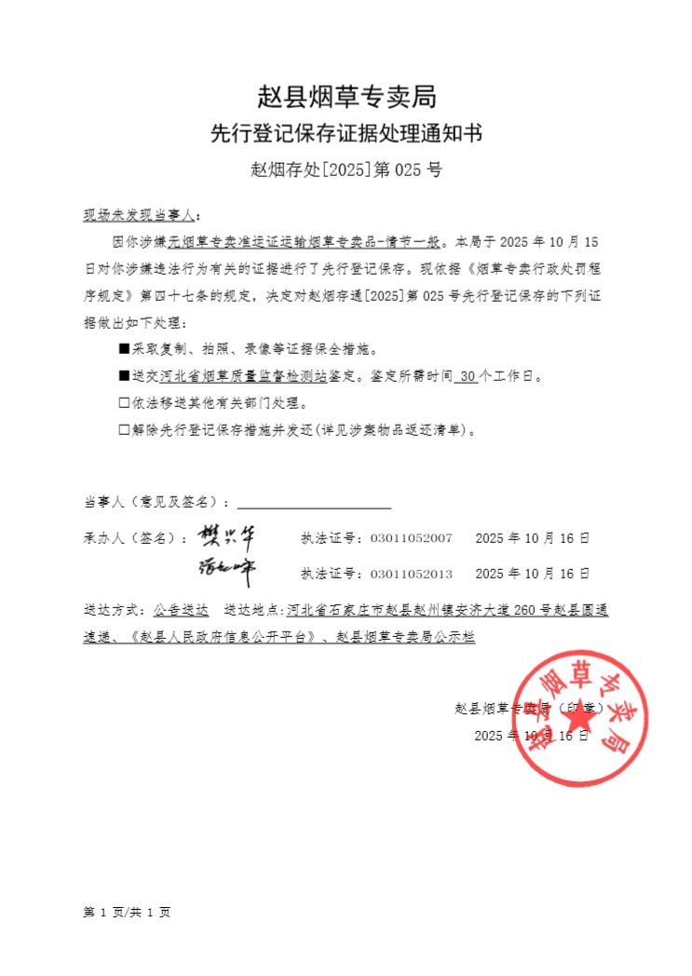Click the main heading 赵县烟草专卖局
click(346, 96)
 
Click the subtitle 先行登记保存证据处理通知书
click(346, 134)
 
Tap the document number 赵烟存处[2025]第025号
click(346, 170)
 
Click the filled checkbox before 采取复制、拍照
click(124, 349)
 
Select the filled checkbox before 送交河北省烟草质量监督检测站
click(124, 377)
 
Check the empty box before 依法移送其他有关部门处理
click(124, 404)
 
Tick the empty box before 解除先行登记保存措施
click(124, 430)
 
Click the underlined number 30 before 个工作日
click(468, 377)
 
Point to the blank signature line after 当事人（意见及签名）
click(314, 504)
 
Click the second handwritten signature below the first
click(226, 569)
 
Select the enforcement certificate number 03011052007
click(411, 538)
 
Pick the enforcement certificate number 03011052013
click(411, 574)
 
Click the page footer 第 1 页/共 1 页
click(127, 913)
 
